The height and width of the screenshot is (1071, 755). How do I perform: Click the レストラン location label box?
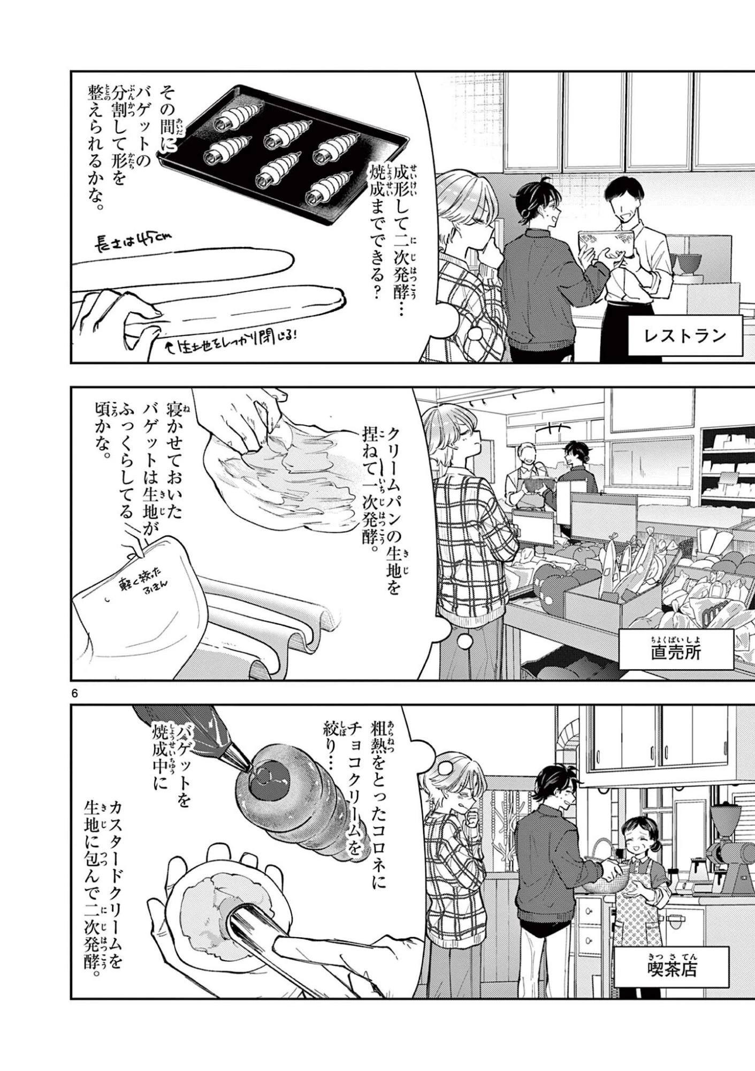click(684, 335)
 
